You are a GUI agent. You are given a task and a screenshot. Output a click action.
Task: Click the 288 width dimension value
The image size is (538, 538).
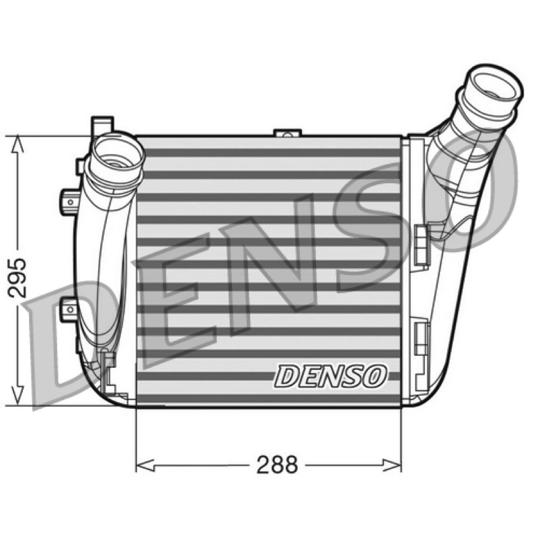277,465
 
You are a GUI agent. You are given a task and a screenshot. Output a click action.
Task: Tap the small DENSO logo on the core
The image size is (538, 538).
330,377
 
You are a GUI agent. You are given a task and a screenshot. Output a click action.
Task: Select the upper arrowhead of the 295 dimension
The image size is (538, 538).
17,144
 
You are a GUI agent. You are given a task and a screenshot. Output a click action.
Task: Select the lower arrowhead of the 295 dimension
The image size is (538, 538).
17,395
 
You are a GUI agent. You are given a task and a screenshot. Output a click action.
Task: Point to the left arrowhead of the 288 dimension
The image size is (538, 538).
145,465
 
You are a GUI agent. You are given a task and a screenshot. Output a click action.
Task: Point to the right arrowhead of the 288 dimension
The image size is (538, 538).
392,465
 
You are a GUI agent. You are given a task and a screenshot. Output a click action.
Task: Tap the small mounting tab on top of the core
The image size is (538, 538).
288,132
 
